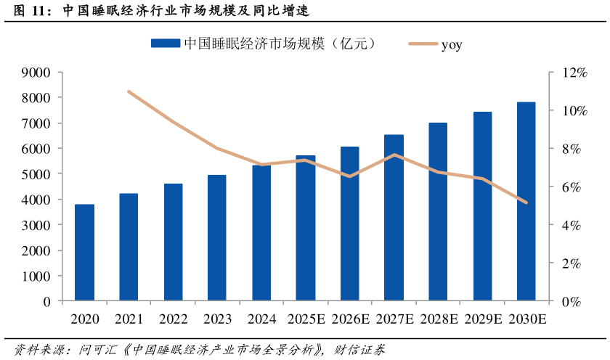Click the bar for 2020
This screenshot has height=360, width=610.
click(84, 253)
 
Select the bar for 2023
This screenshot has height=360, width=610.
click(217, 238)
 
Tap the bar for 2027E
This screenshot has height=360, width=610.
click(394, 218)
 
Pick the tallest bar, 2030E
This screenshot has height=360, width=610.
click(526, 202)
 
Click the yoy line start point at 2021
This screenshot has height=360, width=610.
click(129, 91)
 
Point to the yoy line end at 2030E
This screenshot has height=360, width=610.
click(526, 202)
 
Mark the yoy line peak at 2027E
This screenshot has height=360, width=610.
click(394, 155)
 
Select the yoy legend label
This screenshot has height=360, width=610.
click(451, 44)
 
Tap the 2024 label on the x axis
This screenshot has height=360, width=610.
click(261, 319)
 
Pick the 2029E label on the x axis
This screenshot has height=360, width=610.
click(483, 319)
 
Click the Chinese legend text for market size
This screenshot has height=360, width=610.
click(280, 44)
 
